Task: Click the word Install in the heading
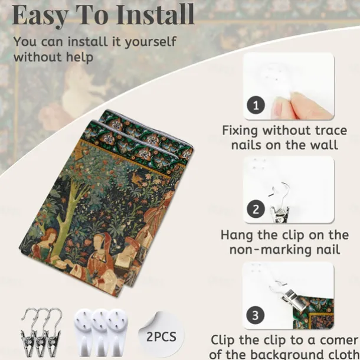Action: [155, 14]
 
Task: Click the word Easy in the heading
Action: [40, 15]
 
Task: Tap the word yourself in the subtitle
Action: [150, 42]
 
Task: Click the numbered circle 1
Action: [256, 106]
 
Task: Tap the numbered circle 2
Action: [256, 209]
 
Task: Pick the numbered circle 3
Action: [256, 315]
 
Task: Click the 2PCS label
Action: [161, 337]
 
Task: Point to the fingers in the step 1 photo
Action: [301, 106]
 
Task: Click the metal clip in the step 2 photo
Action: [280, 205]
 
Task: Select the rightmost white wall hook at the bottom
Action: [117, 332]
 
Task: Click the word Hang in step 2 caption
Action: [237, 235]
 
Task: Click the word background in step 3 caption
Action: [303, 354]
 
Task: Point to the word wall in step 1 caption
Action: [325, 145]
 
